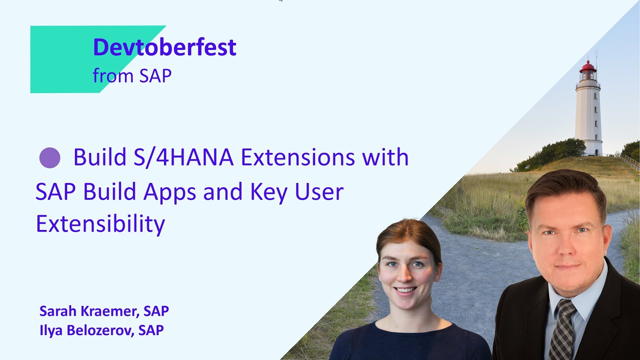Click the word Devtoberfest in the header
pyautogui.click(x=164, y=47)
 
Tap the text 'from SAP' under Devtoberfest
pyautogui.click(x=132, y=76)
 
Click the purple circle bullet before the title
pyautogui.click(x=49, y=158)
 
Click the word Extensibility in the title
pyautogui.click(x=100, y=224)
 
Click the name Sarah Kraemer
pyautogui.click(x=87, y=311)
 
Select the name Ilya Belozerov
pyautogui.click(x=85, y=330)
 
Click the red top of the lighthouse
pyautogui.click(x=588, y=67)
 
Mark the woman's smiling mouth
pyautogui.click(x=406, y=289)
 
